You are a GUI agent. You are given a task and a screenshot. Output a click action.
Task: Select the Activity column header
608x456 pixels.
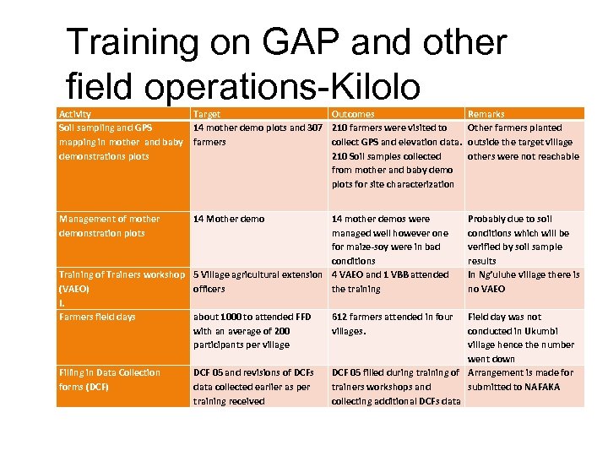75,114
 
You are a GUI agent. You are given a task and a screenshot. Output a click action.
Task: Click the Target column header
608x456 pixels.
207,114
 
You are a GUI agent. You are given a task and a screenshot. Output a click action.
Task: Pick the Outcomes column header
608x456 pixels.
354,114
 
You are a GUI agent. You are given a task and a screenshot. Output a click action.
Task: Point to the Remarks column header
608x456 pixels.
486,114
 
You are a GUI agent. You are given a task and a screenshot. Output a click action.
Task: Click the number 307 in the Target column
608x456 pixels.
315,128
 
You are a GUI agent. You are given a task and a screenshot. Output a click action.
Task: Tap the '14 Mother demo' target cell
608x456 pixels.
229,219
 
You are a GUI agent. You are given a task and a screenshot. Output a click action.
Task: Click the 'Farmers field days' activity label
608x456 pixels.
97,317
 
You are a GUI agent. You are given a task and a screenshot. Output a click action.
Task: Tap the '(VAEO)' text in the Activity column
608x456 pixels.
75,289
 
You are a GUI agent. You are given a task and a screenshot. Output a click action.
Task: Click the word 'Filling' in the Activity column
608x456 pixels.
73,372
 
